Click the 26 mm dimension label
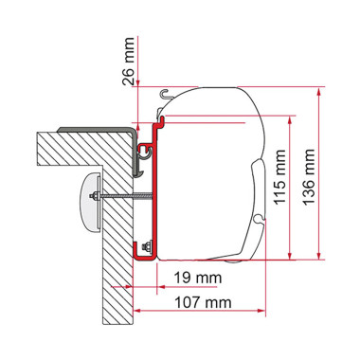(x=128, y=62)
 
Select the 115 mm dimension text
(x=279, y=177)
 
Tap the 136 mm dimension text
(x=309, y=177)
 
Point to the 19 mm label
(x=198, y=278)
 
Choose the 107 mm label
(x=204, y=302)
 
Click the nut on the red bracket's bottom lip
(x=147, y=246)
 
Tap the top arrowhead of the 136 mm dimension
(x=320, y=93)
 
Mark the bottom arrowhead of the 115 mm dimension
(x=289, y=255)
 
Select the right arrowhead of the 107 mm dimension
(x=261, y=311)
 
